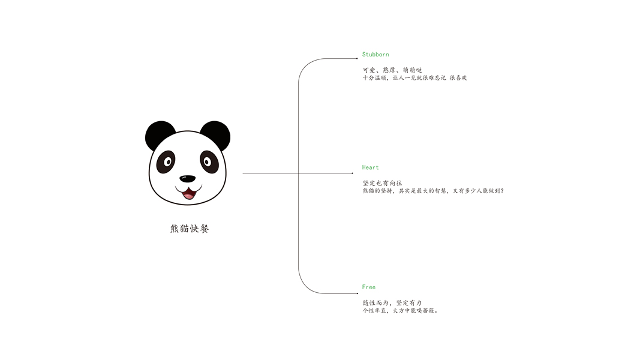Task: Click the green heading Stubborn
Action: (375, 54)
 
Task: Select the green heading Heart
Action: (370, 167)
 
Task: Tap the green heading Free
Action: (368, 287)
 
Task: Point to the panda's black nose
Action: (187, 179)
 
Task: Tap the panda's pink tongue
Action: (188, 195)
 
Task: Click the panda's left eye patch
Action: (166, 161)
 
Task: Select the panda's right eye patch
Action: (209, 161)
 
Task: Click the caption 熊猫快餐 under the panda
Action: (190, 229)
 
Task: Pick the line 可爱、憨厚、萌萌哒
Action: (392, 70)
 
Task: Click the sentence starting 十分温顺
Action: (414, 77)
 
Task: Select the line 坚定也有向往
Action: (383, 183)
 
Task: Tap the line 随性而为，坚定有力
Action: (392, 303)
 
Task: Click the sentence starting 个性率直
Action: (400, 311)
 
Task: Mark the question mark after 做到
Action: (502, 191)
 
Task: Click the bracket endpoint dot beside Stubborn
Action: (357, 58)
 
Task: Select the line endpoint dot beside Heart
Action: (353, 173)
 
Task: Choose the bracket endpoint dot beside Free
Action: (357, 293)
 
